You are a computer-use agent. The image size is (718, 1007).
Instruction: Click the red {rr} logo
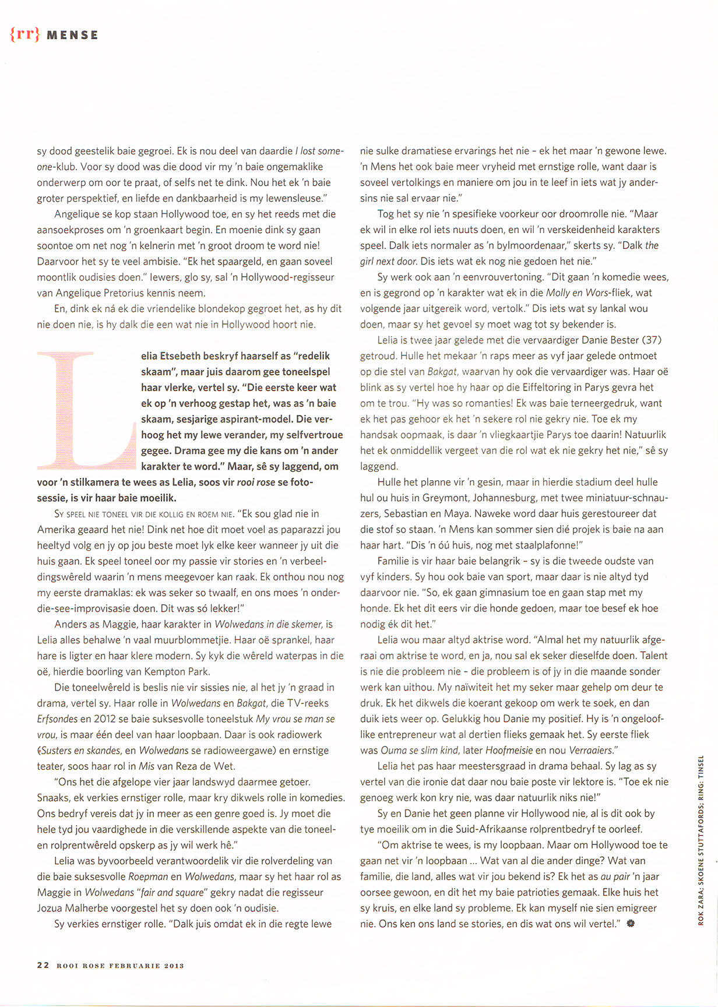24,34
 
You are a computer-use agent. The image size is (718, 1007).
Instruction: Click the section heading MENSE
72,36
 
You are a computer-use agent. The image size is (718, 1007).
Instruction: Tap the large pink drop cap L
86,410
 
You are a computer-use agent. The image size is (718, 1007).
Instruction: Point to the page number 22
43,965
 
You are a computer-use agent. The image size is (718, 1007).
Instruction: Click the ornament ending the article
630,924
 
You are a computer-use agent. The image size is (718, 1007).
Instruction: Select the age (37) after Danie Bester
652,340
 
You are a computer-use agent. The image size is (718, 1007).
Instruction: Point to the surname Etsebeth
188,356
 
